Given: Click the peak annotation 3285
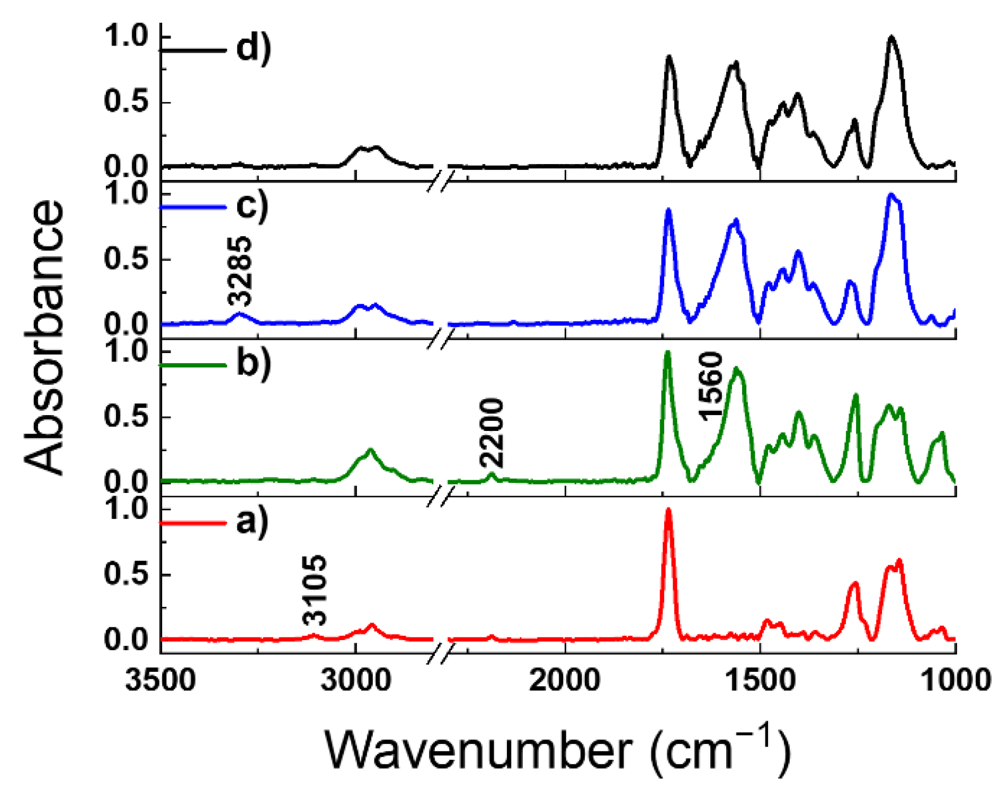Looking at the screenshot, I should (x=239, y=271).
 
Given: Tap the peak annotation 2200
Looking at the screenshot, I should (x=492, y=432).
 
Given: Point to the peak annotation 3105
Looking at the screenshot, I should (x=315, y=590).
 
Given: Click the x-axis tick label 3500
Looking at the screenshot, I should (x=160, y=679).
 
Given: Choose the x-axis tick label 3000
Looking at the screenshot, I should (x=355, y=679).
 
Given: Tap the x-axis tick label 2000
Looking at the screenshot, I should (x=565, y=679).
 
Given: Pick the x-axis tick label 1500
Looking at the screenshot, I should (x=760, y=679).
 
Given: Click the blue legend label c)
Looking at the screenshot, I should (x=252, y=206).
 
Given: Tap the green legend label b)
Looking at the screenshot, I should (x=253, y=364).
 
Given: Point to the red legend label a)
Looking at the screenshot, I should (x=252, y=522).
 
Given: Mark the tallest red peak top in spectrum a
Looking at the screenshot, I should (x=668, y=510).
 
